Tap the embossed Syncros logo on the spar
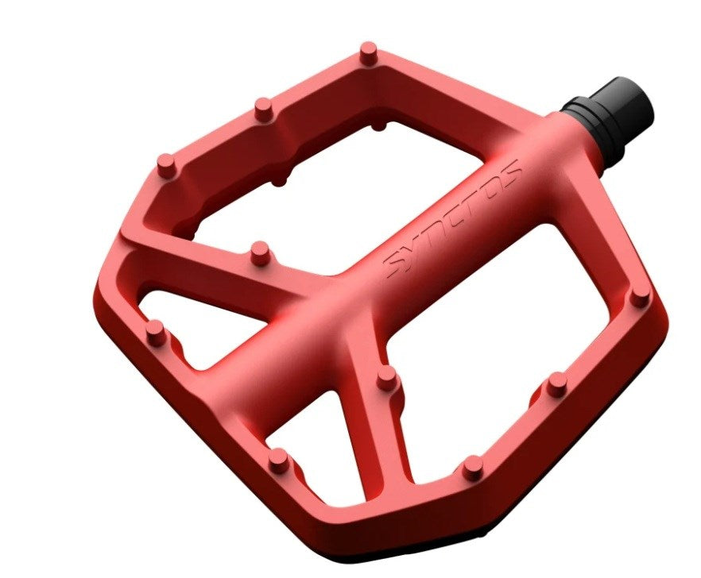click(x=452, y=219)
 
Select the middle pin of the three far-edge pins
click(x=264, y=109)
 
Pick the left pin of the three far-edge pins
click(x=166, y=165)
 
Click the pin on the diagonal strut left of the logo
click(x=260, y=252)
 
